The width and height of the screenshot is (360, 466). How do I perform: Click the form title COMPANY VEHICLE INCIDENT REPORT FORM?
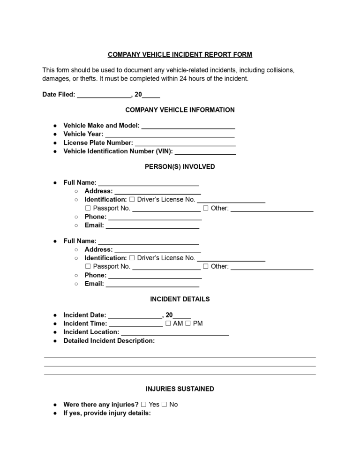(180, 54)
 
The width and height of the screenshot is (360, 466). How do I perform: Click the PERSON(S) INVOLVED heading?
(180, 166)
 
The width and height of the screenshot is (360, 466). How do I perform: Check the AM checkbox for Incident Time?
(168, 323)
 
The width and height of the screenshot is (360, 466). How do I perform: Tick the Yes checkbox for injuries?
(144, 405)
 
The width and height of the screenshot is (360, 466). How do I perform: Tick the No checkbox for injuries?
(164, 405)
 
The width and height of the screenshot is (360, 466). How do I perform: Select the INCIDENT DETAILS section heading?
(180, 299)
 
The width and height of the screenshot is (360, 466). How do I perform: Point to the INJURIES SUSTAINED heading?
(180, 389)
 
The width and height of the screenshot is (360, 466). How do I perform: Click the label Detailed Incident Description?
(109, 341)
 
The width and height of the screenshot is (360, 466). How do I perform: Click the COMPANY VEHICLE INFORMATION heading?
(180, 110)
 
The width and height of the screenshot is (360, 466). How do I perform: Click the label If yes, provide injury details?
(107, 413)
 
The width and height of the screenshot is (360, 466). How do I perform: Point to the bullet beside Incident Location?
(55, 332)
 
